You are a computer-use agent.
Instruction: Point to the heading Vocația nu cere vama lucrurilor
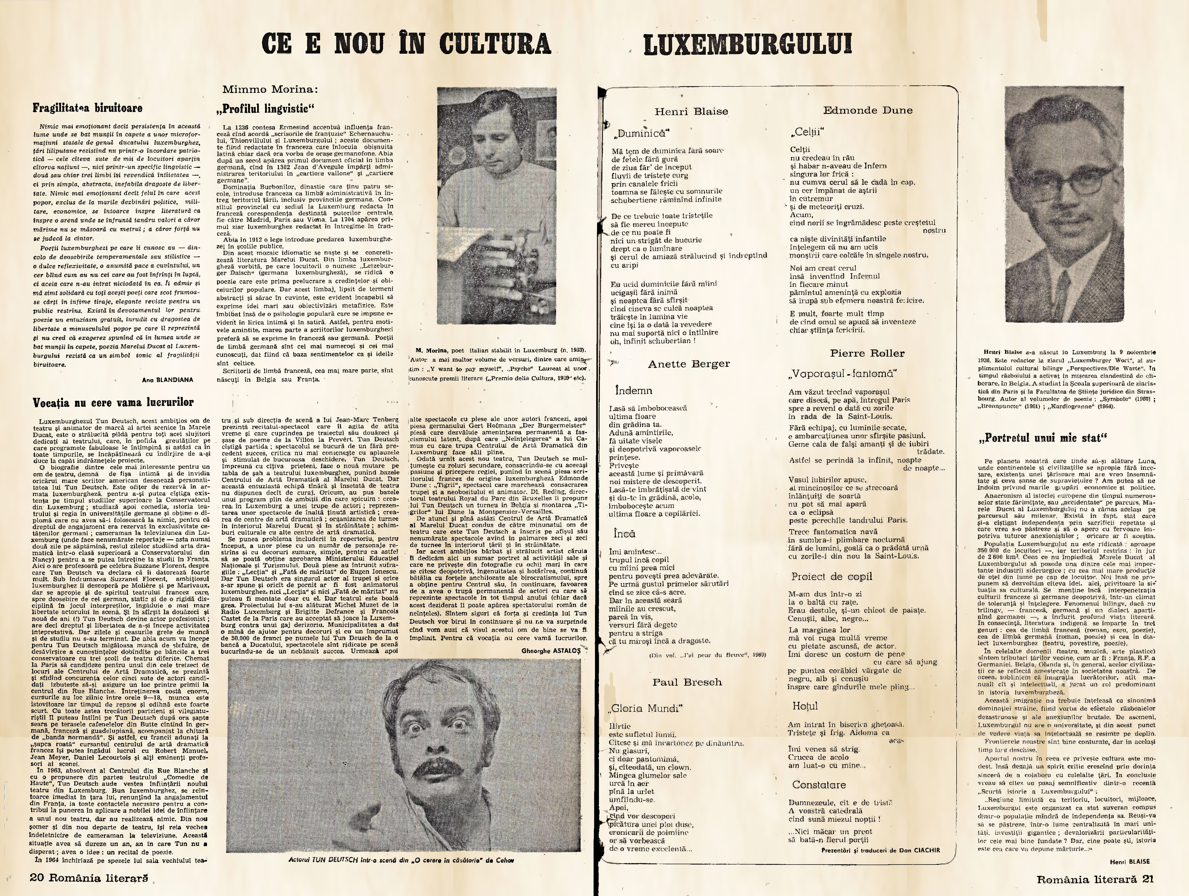pyautogui.click(x=113, y=402)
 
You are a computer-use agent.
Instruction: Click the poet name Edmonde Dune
pyautogui.click(x=868, y=110)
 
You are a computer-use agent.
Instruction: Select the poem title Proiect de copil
pyautogui.click(x=831, y=577)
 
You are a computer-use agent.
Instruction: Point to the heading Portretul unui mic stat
pyautogui.click(x=1042, y=438)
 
